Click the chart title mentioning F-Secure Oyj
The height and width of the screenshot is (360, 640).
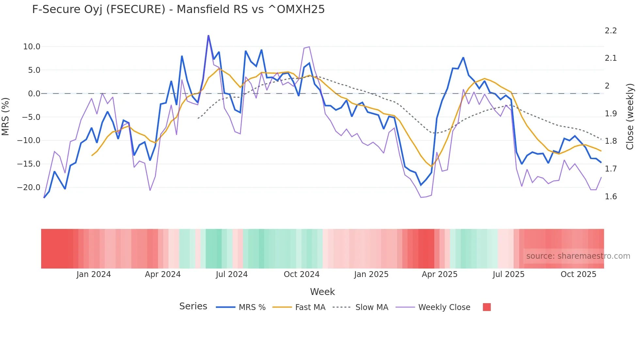pyautogui.click(x=178, y=9)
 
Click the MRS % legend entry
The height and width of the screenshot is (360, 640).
pyautogui.click(x=252, y=307)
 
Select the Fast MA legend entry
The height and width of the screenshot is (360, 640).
pyautogui.click(x=310, y=307)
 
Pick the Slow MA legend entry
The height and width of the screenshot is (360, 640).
pyautogui.click(x=372, y=307)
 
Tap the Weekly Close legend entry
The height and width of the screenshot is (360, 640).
pyautogui.click(x=444, y=307)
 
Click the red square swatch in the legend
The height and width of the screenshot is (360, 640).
pyautogui.click(x=487, y=307)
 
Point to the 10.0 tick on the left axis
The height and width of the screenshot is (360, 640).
pyautogui.click(x=32, y=47)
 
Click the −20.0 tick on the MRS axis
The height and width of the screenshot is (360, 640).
pyautogui.click(x=29, y=188)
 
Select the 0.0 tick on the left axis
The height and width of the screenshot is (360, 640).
pyautogui.click(x=34, y=94)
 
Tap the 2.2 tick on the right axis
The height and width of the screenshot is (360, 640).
pyautogui.click(x=611, y=31)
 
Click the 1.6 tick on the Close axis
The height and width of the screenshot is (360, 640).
pyautogui.click(x=611, y=197)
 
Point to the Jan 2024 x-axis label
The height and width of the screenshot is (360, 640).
pyautogui.click(x=94, y=274)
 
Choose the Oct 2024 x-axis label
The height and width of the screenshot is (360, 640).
pyautogui.click(x=301, y=274)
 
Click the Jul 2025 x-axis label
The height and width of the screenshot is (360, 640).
pyautogui.click(x=508, y=274)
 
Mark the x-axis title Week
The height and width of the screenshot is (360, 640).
pyautogui.click(x=322, y=292)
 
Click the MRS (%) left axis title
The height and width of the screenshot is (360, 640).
pyautogui.click(x=6, y=117)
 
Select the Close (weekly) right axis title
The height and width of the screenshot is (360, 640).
pyautogui.click(x=630, y=117)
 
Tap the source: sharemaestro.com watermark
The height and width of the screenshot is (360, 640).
pyautogui.click(x=578, y=256)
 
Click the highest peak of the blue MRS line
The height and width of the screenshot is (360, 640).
pyautogui.click(x=208, y=36)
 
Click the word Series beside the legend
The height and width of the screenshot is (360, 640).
pyautogui.click(x=193, y=306)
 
